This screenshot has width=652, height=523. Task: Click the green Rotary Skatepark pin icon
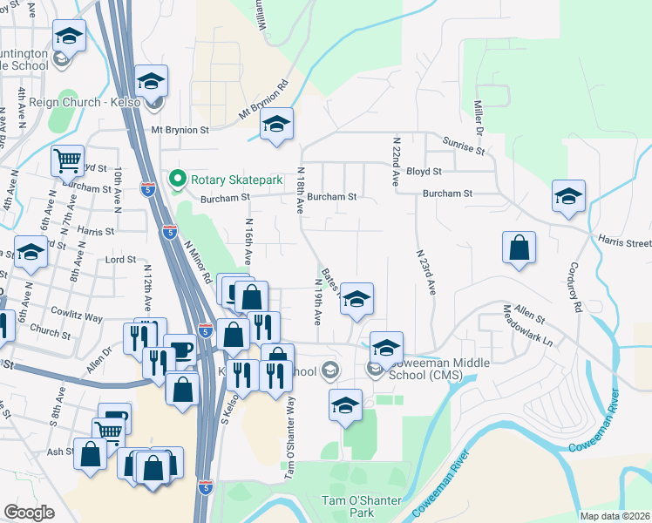click(x=179, y=180)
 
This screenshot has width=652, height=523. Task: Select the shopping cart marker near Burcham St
click(x=67, y=160)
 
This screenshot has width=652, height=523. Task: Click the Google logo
click(x=29, y=513)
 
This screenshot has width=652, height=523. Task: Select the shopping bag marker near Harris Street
click(x=519, y=247)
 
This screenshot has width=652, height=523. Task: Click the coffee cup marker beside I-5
click(x=180, y=350)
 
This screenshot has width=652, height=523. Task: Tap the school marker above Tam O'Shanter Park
click(x=346, y=405)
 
